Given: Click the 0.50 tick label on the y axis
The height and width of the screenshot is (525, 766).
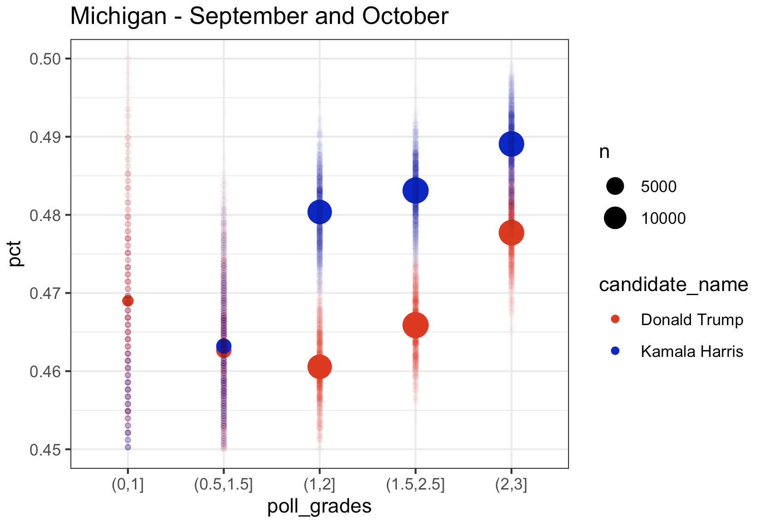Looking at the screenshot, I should [45, 59].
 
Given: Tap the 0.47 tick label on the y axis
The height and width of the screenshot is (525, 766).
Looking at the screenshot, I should [45, 293].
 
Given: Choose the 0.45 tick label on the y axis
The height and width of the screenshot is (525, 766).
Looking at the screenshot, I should [45, 450].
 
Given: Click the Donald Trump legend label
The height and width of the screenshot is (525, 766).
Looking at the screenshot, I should [691, 320].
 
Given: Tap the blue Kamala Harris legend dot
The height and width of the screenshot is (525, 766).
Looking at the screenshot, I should [615, 351].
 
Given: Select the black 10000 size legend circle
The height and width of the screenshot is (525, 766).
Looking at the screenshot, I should [615, 218].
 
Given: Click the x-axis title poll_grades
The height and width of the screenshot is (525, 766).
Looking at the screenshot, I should [319, 506].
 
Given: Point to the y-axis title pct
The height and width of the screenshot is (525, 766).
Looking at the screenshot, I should [16, 254].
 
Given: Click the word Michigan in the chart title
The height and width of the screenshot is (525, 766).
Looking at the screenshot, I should [118, 17].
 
